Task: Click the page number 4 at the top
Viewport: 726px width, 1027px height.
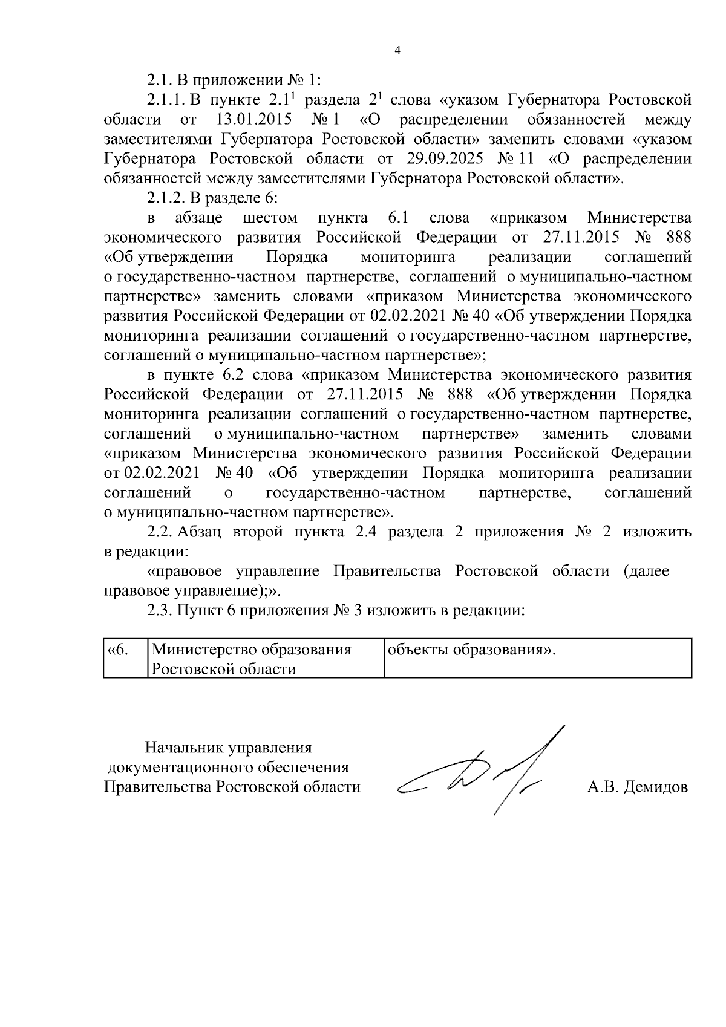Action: [397, 51]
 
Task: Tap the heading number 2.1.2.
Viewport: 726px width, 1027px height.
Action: [166, 198]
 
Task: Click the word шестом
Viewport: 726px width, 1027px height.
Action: [269, 218]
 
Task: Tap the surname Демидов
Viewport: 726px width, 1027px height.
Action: [658, 787]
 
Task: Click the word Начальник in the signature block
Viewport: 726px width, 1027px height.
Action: [183, 748]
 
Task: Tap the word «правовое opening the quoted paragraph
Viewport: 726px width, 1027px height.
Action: [184, 572]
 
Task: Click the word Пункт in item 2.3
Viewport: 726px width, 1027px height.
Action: [197, 610]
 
